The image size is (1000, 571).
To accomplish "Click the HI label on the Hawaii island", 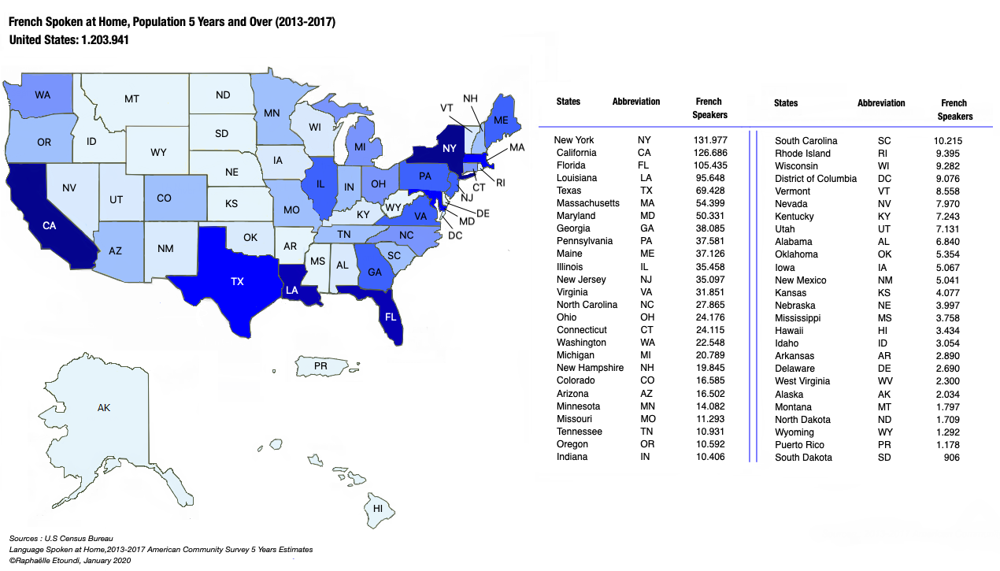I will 378,508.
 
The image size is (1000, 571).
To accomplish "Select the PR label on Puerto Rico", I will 320,366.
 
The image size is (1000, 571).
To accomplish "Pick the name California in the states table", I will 576,153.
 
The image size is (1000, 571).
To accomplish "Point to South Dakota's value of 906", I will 951,458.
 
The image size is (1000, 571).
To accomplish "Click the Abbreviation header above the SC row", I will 881,103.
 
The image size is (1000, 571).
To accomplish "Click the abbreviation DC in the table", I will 884,179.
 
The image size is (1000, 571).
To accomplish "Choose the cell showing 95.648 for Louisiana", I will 709,178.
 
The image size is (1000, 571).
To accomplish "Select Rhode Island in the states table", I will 803,154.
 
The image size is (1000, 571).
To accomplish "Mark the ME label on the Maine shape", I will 501,121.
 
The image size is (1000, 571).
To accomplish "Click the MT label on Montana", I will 131,99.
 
